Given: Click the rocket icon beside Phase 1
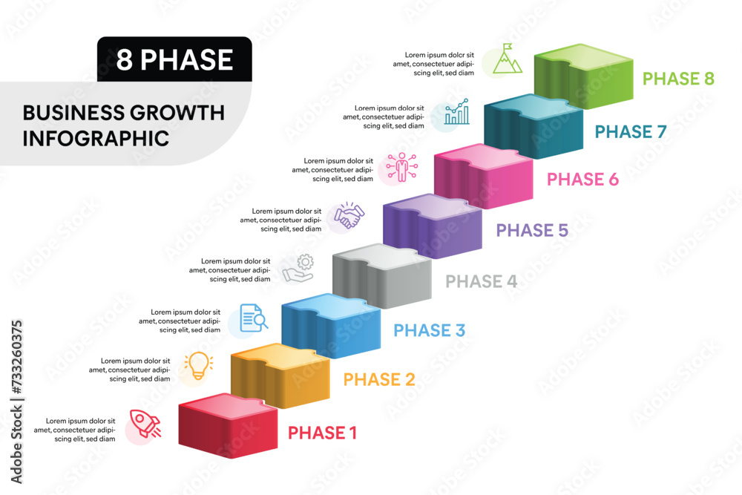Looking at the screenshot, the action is click(x=145, y=423).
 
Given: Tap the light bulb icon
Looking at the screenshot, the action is click(x=199, y=366).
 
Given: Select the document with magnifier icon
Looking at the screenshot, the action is click(x=254, y=318).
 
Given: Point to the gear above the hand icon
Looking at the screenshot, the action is click(x=305, y=262).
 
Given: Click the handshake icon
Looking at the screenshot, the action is click(x=349, y=215).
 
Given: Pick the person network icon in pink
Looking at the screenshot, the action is click(x=401, y=167).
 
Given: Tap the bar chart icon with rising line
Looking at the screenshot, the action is click(x=456, y=111).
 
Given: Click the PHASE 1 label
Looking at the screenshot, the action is click(x=322, y=433).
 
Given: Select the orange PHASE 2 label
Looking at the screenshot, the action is click(x=379, y=379).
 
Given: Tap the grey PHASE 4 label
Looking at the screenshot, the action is click(x=482, y=281).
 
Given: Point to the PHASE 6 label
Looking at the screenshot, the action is click(x=582, y=180).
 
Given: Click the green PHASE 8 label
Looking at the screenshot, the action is click(x=678, y=79).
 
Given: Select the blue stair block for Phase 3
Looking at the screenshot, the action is click(x=331, y=326).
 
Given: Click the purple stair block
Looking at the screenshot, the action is click(x=433, y=226).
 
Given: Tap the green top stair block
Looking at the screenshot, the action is click(x=583, y=76).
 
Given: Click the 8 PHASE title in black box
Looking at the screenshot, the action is click(x=174, y=59).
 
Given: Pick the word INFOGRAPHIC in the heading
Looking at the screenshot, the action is click(x=96, y=139).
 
